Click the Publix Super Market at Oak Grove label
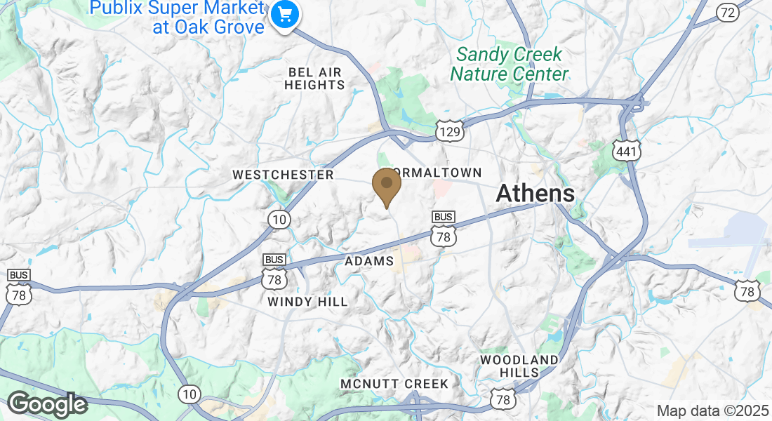178,18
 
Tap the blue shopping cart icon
285,14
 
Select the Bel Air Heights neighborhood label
314,79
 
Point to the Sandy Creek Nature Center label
509,64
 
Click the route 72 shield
728,12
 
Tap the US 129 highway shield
449,131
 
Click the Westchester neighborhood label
283,175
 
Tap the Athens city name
536,193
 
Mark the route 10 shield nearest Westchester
279,220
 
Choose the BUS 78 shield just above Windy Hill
274,273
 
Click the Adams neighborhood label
369,261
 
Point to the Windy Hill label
307,302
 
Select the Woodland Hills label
519,366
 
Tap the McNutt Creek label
394,384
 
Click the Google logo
47,404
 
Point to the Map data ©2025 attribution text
712,410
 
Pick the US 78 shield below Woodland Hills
504,399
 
